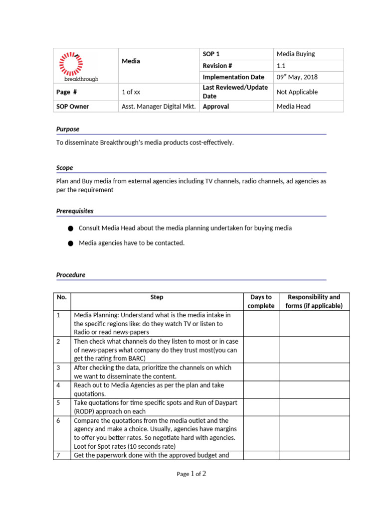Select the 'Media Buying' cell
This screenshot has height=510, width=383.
tap(296, 54)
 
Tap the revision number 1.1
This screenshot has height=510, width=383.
tap(281, 66)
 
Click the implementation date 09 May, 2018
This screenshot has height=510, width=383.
tap(297, 77)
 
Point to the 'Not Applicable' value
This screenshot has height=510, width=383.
tap(297, 92)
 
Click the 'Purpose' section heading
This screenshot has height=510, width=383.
tap(68, 129)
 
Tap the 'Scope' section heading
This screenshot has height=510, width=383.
tap(65, 168)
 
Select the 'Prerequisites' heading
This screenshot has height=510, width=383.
tap(75, 211)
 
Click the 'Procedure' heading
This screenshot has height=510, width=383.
tap(71, 275)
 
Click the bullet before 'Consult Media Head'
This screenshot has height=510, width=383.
tap(70, 228)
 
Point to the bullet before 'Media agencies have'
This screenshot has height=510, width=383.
tap(70, 244)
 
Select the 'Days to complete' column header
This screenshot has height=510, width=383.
tap(261, 301)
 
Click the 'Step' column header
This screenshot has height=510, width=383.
tap(157, 297)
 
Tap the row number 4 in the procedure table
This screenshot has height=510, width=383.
tap(58, 385)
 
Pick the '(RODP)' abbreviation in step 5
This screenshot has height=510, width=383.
tap(86, 412)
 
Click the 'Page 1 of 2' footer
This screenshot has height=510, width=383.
tap(191, 474)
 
